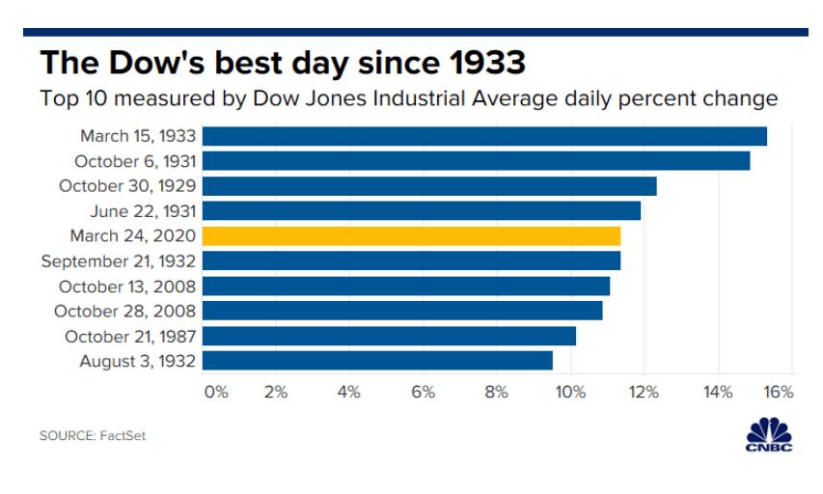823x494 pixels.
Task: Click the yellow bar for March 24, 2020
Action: [x=411, y=235]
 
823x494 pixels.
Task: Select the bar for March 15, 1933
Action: [x=484, y=136]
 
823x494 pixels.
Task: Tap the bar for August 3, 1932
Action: [x=377, y=361]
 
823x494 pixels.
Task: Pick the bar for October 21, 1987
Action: [x=389, y=336]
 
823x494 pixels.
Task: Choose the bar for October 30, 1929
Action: [x=429, y=186]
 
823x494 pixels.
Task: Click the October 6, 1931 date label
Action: [x=135, y=161]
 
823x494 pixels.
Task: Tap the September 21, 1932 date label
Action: [x=119, y=261]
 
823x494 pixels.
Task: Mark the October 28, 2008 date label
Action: [x=125, y=312]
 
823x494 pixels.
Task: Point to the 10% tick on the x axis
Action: [x=570, y=392]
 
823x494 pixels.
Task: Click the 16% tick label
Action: [x=779, y=392]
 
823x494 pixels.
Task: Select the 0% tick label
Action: [x=215, y=392]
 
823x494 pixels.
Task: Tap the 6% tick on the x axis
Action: [x=423, y=392]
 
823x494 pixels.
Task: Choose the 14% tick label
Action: [x=717, y=392]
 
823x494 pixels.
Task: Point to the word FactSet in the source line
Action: [x=123, y=436]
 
